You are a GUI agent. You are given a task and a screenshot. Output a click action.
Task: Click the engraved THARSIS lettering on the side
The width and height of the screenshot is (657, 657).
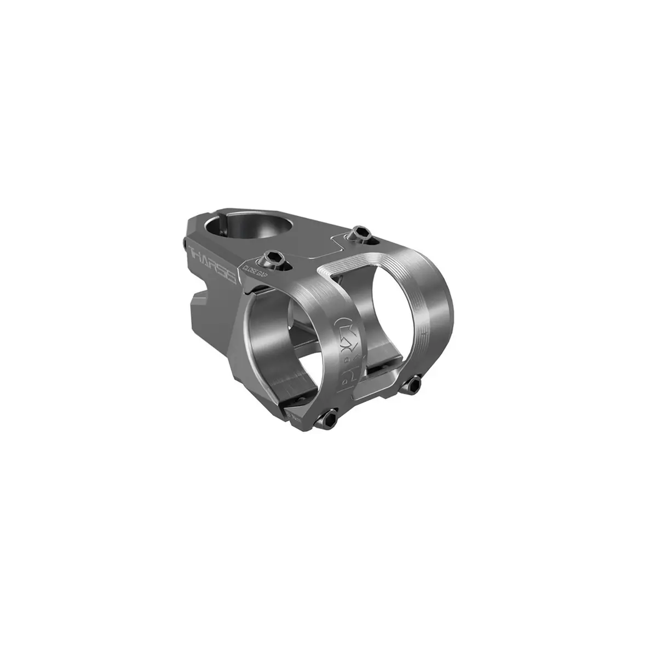(x=212, y=264)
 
